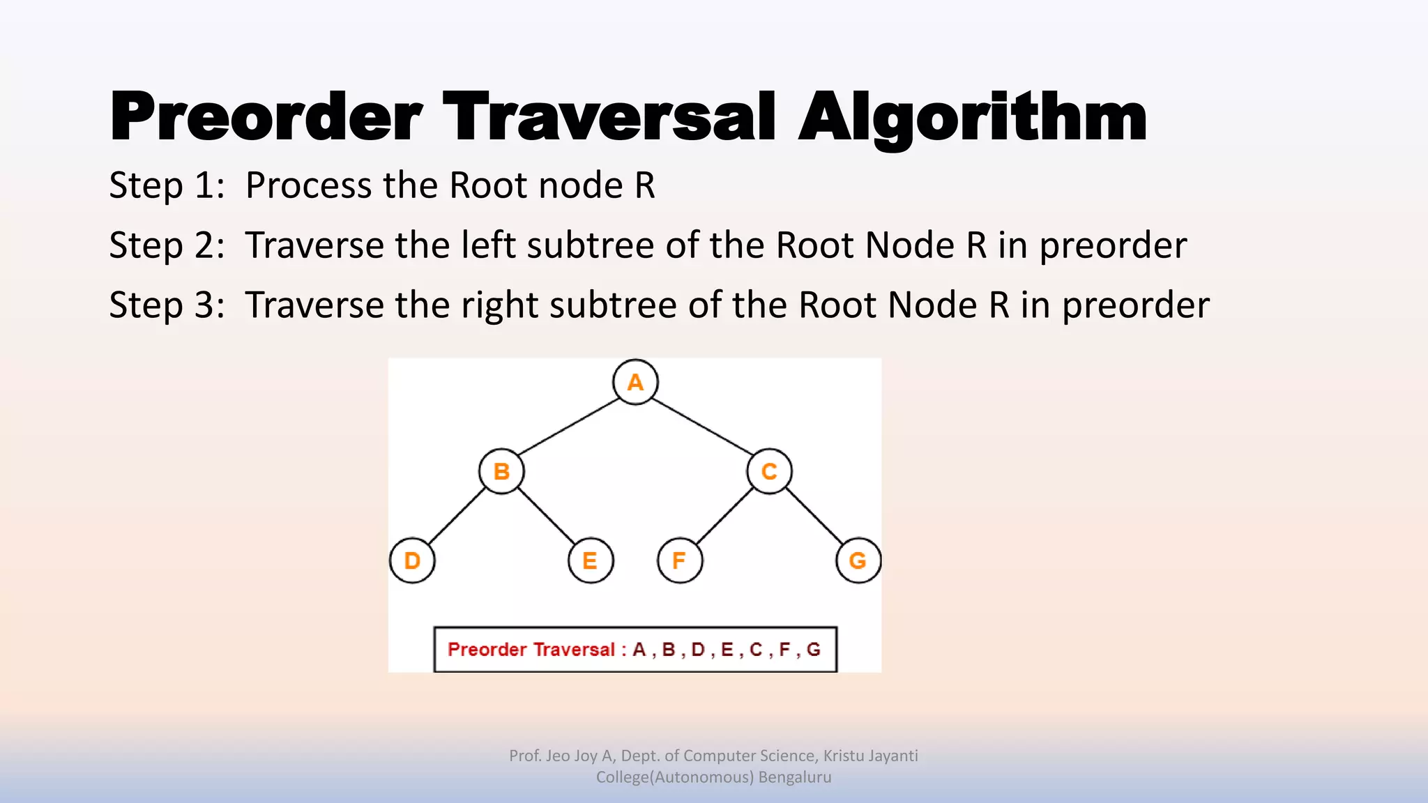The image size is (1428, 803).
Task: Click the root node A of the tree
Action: [635, 382]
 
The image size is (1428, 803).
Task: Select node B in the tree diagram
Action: [501, 471]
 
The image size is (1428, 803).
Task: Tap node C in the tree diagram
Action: [769, 471]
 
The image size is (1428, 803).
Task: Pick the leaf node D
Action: [412, 560]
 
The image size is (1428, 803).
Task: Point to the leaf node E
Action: [590, 560]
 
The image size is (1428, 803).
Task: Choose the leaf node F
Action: [679, 560]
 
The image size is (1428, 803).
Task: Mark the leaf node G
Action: [858, 560]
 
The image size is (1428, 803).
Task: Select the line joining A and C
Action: [702, 427]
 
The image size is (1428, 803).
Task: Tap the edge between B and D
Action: [457, 516]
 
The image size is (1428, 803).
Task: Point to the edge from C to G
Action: [814, 516]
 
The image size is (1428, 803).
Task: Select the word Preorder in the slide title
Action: [266, 117]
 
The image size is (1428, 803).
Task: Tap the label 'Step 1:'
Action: [167, 186]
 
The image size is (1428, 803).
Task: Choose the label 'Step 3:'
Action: [167, 306]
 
